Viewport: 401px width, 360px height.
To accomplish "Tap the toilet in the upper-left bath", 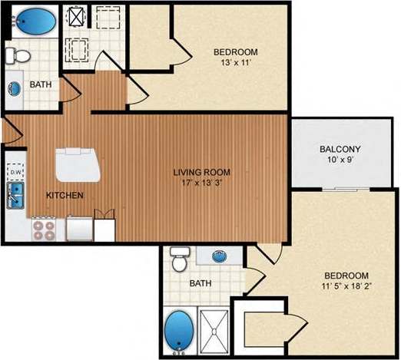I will click(17, 54).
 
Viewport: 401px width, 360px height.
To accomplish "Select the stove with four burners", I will click(44, 228).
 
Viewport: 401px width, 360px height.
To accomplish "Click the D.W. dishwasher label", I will click(15, 173).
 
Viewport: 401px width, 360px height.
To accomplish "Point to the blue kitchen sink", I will click(16, 195).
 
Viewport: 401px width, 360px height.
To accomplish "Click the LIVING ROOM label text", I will click(201, 172).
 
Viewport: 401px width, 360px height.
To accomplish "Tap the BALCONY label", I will click(340, 149).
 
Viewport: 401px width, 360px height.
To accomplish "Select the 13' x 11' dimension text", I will click(235, 64).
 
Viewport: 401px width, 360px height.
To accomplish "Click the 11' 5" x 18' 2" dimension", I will click(345, 288).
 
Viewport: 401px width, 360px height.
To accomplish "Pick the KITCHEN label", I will click(65, 196).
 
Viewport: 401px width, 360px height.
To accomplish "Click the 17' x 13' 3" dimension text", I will click(201, 184).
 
